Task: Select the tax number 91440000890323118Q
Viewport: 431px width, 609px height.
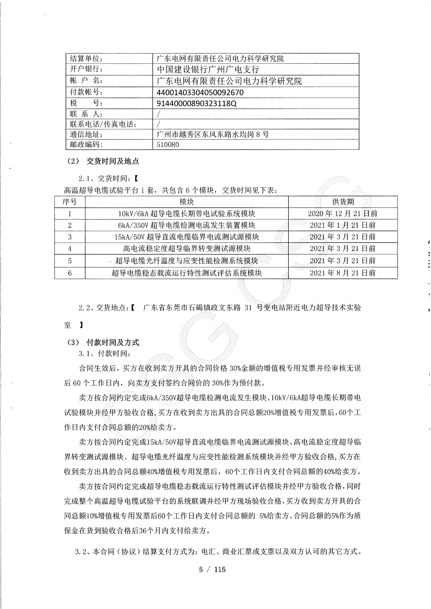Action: pyautogui.click(x=196, y=103)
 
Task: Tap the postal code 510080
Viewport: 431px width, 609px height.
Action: pyautogui.click(x=168, y=145)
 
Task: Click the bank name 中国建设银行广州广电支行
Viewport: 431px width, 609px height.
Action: pyautogui.click(x=208, y=69)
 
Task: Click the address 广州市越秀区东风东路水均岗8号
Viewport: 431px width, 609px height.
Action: pyautogui.click(x=213, y=135)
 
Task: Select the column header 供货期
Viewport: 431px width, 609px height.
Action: pyautogui.click(x=343, y=202)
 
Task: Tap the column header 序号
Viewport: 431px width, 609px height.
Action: pyautogui.click(x=70, y=202)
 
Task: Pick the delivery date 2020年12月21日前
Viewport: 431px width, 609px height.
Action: pyautogui.click(x=343, y=214)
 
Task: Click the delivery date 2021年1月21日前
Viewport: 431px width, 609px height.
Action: pyautogui.click(x=343, y=225)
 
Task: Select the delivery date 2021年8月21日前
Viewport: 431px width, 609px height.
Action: pyautogui.click(x=343, y=273)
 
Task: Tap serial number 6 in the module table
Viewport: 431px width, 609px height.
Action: pyautogui.click(x=70, y=273)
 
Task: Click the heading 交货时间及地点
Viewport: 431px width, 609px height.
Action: pyautogui.click(x=113, y=161)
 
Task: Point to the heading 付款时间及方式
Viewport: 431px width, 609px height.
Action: pyautogui.click(x=113, y=342)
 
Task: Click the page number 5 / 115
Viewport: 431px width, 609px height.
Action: pyautogui.click(x=212, y=569)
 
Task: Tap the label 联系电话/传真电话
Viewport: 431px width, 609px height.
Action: pyautogui.click(x=103, y=124)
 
